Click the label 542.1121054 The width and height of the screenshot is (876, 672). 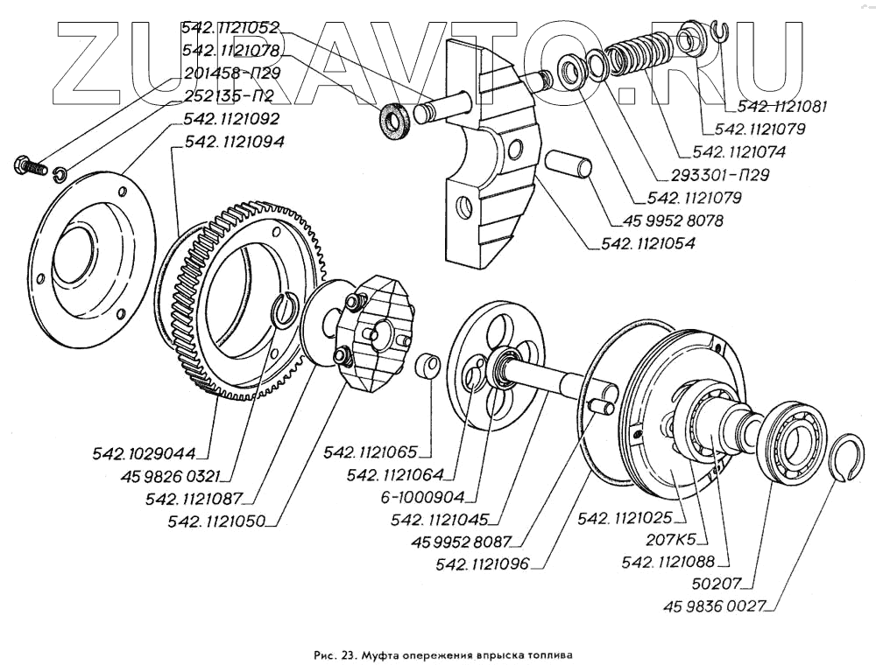click(647, 244)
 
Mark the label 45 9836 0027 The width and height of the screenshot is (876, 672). click(717, 604)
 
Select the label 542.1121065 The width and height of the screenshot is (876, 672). click(371, 452)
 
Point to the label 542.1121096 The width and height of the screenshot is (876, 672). click(484, 563)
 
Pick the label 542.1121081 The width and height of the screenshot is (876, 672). click(782, 108)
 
